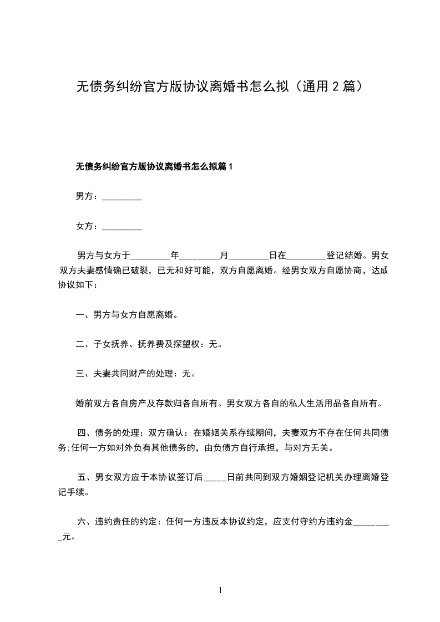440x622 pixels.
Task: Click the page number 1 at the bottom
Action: tap(220, 590)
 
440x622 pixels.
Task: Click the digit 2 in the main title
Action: tap(336, 86)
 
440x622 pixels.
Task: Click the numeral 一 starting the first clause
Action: tap(79, 315)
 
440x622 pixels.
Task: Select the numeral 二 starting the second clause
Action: tap(79, 344)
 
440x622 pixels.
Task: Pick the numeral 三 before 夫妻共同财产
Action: tap(79, 374)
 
